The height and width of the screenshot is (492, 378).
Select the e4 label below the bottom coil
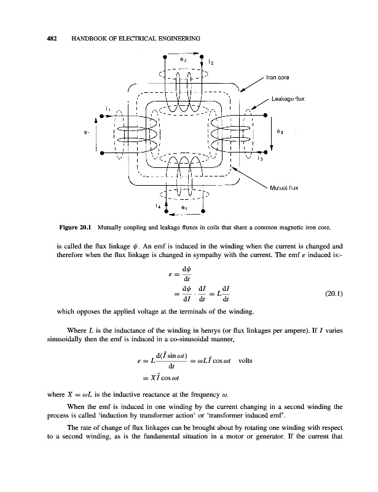pyautogui.click(x=184, y=208)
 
